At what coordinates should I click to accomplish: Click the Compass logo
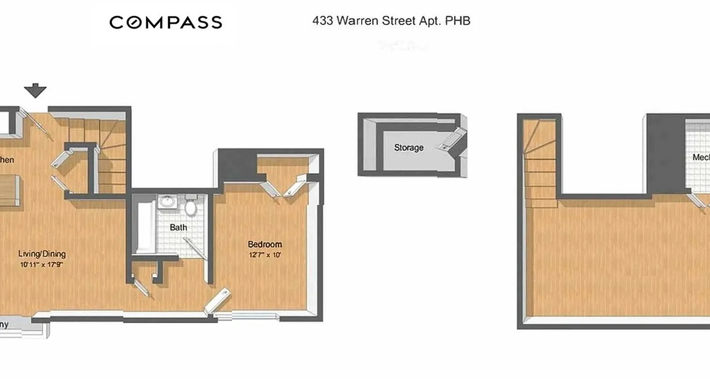click(166, 22)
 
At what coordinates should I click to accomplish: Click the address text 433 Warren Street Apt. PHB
click(391, 21)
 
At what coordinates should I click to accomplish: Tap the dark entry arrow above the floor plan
click(35, 90)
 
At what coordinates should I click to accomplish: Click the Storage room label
click(408, 148)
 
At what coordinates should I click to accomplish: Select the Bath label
click(178, 227)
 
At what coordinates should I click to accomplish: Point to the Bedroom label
click(265, 244)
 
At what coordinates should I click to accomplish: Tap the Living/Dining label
click(42, 254)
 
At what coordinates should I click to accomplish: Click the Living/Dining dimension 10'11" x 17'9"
click(42, 265)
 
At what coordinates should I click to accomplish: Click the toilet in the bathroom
click(191, 207)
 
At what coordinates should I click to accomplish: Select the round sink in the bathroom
click(167, 202)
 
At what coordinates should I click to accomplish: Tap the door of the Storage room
click(450, 139)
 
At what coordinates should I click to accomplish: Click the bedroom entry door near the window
click(218, 301)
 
